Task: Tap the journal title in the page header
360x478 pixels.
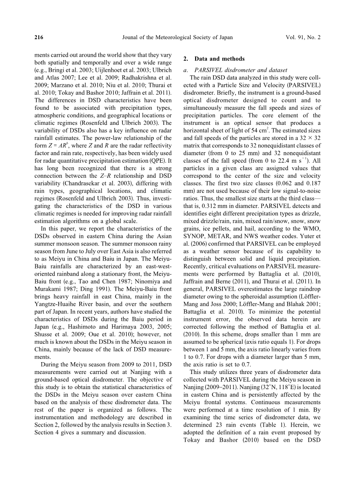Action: click(178, 38)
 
